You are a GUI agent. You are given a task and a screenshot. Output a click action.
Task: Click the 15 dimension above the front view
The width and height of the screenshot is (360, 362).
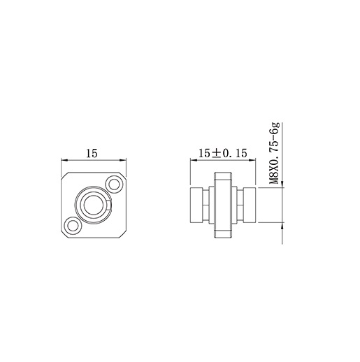point(91,153)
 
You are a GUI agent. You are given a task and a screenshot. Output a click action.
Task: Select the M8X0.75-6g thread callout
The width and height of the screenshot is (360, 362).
point(274,154)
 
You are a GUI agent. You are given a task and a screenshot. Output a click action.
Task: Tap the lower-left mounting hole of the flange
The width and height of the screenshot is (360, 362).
point(72,224)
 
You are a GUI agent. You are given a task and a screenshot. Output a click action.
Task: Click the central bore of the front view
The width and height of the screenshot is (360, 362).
point(92,204)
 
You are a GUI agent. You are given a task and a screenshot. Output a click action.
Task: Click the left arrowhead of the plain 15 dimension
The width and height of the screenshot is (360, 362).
point(64,159)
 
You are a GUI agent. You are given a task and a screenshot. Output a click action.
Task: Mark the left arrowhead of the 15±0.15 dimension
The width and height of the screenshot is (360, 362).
point(192,159)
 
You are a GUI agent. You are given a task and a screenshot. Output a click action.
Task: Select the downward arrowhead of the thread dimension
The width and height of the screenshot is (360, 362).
point(282,183)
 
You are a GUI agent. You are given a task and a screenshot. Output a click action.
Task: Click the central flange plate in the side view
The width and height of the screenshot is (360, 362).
point(223,203)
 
